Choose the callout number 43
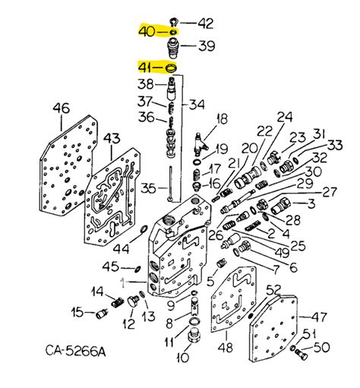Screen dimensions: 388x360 (x=112, y=139)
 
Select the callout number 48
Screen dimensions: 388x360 (x=226, y=348)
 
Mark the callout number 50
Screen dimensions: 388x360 (x=323, y=348)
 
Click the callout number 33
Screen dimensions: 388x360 (x=335, y=144)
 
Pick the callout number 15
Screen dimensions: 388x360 (x=77, y=311)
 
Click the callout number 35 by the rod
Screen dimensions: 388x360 (x=149, y=187)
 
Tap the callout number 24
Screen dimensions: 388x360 (x=285, y=117)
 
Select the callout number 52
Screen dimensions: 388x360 (x=273, y=289)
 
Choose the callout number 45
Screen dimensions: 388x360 (x=111, y=266)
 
